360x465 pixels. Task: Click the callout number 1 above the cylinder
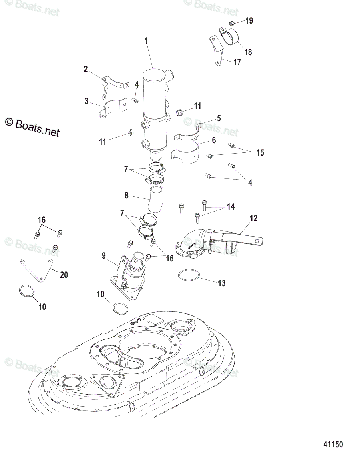pyautogui.click(x=146, y=40)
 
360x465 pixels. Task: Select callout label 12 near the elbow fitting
pyautogui.click(x=253, y=218)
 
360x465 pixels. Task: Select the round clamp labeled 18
pyautogui.click(x=229, y=36)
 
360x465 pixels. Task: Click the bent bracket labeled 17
pyautogui.click(x=216, y=52)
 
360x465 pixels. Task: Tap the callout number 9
pyautogui.click(x=104, y=255)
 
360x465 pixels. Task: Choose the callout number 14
pyautogui.click(x=231, y=207)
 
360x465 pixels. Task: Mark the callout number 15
pyautogui.click(x=260, y=153)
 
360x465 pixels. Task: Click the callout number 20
pyautogui.click(x=64, y=275)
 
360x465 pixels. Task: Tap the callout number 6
pyautogui.click(x=214, y=140)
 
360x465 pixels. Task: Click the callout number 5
pyautogui.click(x=219, y=118)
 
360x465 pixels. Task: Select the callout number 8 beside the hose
pyautogui.click(x=127, y=196)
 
